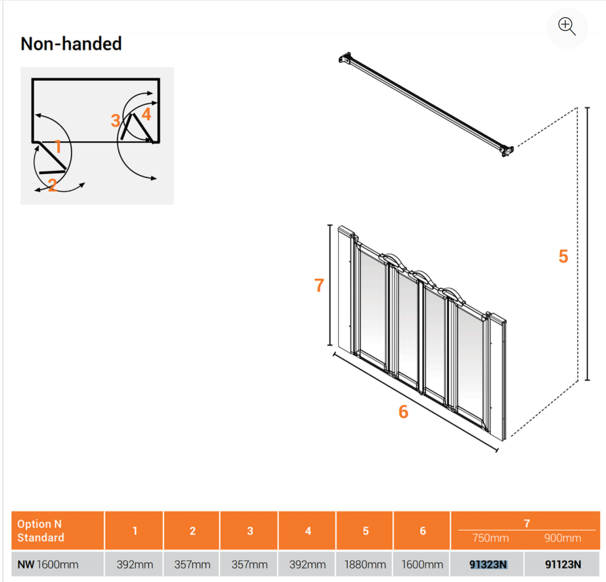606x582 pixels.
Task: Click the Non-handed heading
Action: [71, 44]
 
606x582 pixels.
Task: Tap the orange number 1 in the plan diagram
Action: [58, 147]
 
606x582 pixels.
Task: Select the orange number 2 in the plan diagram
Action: [52, 185]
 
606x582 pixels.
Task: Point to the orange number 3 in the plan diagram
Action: [115, 120]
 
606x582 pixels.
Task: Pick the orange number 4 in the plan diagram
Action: [146, 114]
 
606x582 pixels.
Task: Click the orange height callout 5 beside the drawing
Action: [563, 257]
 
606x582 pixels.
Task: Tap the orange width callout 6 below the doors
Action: [403, 412]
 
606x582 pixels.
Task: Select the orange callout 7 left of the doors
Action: [319, 286]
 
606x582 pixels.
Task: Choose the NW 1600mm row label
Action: [48, 565]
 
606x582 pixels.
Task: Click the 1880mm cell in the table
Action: [365, 565]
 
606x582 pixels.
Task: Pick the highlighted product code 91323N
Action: [488, 565]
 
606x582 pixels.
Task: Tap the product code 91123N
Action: [563, 565]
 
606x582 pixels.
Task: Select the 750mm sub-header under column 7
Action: [490, 538]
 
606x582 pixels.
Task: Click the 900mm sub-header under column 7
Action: [563, 538]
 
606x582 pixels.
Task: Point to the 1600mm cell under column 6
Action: [422, 565]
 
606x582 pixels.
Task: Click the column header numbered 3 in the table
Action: [250, 531]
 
